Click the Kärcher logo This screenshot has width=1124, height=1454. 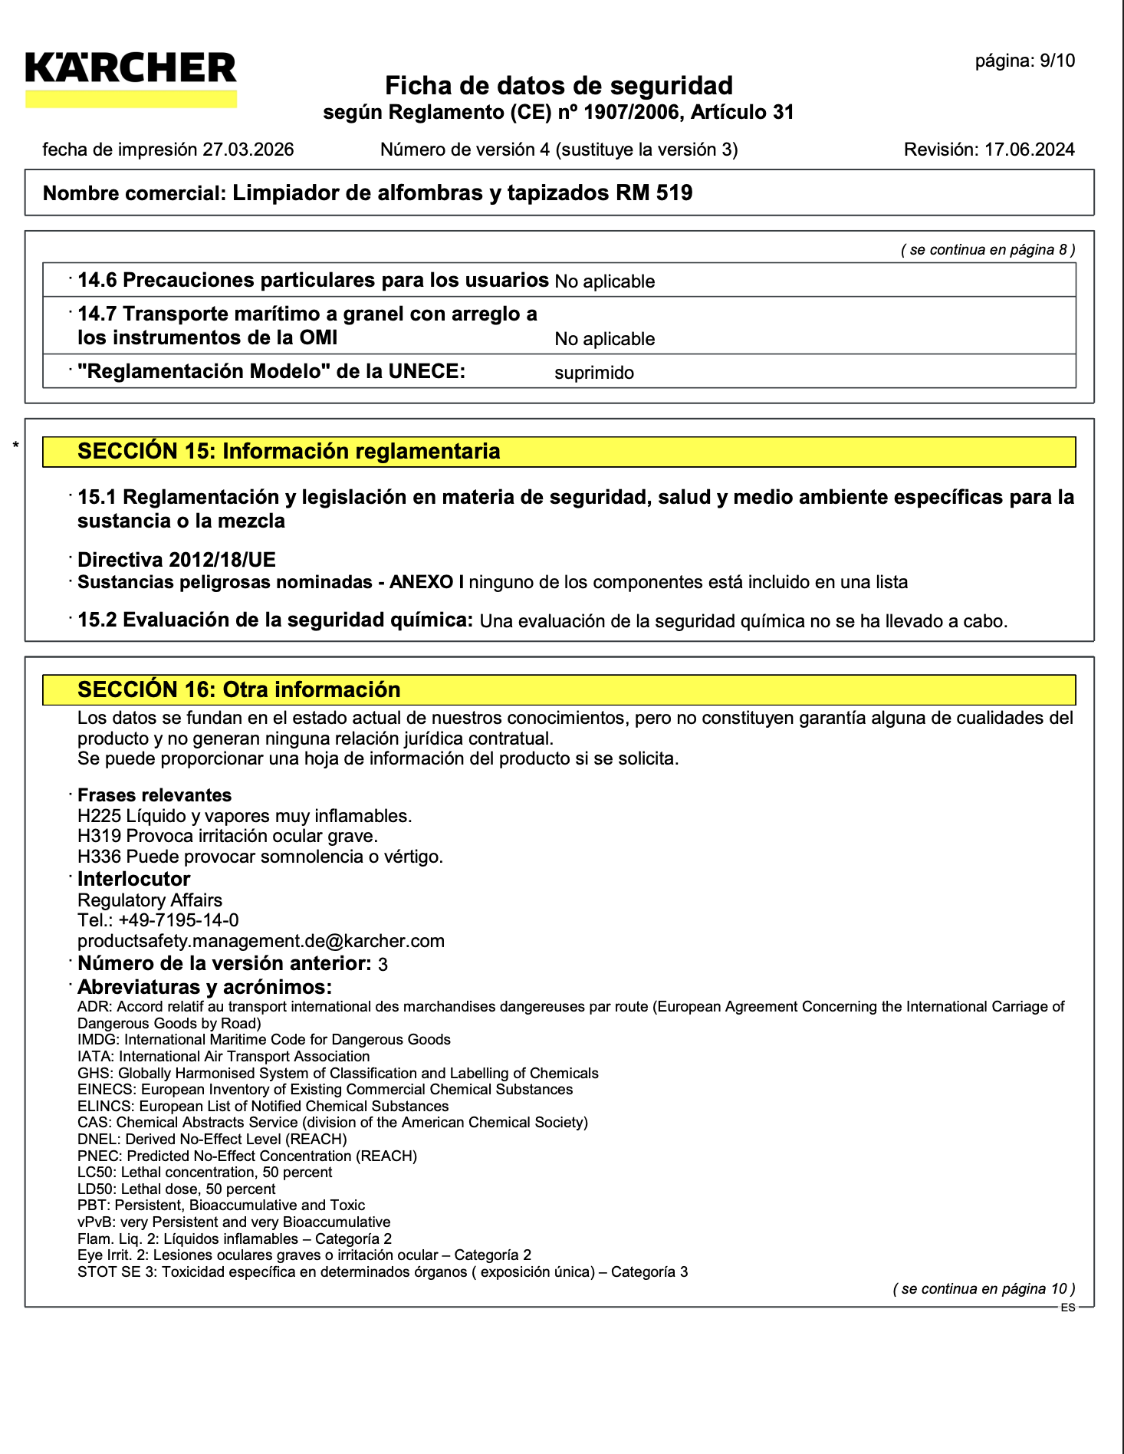click(131, 77)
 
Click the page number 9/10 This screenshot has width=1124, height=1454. click(1057, 61)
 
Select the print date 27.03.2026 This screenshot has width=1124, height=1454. click(248, 150)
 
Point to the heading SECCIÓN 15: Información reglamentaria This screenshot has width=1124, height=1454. click(288, 452)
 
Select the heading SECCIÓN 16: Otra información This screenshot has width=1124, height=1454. click(238, 690)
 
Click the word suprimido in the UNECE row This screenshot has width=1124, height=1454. click(594, 373)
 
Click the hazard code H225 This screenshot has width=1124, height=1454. click(99, 816)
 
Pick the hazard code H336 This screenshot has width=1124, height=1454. click(99, 857)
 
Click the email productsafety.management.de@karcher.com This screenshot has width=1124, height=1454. click(261, 941)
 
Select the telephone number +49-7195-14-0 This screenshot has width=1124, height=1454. click(178, 920)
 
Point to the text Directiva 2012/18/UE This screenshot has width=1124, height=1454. click(176, 560)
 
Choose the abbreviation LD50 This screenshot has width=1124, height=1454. click(97, 1189)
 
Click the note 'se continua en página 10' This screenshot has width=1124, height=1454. click(984, 1289)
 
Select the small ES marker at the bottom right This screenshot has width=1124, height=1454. click(1068, 1308)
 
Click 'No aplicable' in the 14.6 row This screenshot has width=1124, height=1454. click(605, 282)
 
